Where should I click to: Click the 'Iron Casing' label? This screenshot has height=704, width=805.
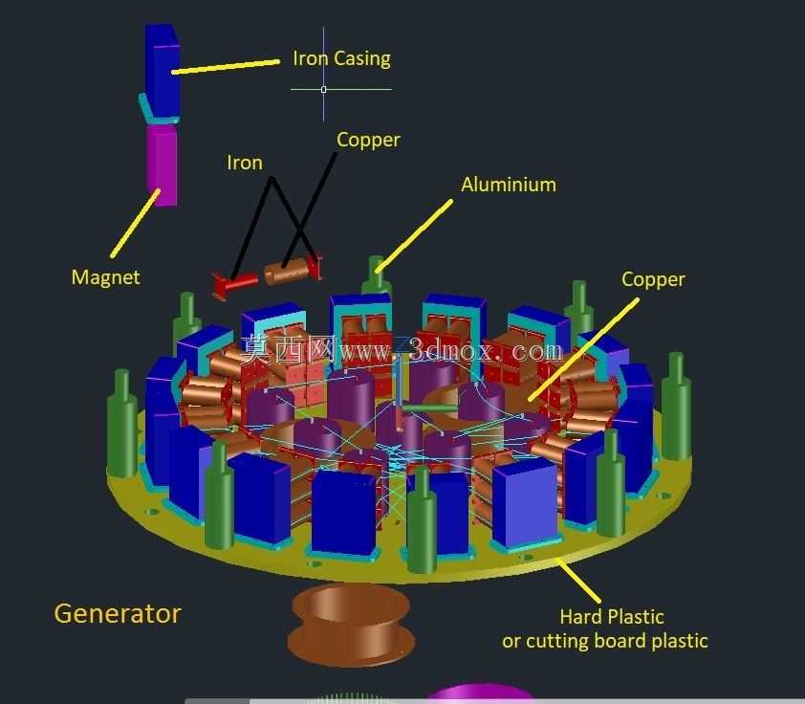[x=341, y=58]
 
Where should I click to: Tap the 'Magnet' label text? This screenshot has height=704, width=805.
[x=105, y=277]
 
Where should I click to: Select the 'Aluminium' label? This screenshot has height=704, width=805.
[x=509, y=185]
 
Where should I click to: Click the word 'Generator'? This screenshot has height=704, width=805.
[x=118, y=614]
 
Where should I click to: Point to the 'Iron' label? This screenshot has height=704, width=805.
[x=245, y=163]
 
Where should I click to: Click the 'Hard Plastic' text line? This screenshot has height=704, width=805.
[x=612, y=617]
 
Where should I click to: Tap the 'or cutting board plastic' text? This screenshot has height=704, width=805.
[x=605, y=641]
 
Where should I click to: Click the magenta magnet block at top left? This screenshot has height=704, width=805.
[x=163, y=165]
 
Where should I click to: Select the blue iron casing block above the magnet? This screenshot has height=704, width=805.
[x=163, y=71]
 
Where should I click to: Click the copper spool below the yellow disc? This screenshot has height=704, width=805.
[x=352, y=624]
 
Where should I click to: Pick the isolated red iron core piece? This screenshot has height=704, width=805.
[x=235, y=284]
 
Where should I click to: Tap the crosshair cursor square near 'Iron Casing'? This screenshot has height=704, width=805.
[x=323, y=89]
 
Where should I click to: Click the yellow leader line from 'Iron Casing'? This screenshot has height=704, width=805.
[x=226, y=67]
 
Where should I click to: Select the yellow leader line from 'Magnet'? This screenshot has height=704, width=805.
[x=135, y=224]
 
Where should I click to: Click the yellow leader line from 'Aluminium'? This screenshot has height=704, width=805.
[x=414, y=235]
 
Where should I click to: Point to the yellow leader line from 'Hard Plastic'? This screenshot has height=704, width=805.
[x=578, y=581]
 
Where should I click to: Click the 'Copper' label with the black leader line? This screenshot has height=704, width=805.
[x=368, y=140]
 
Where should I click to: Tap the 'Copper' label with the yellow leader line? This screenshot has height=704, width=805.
[x=653, y=279]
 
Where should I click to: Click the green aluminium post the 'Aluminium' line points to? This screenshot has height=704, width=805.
[x=377, y=275]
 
